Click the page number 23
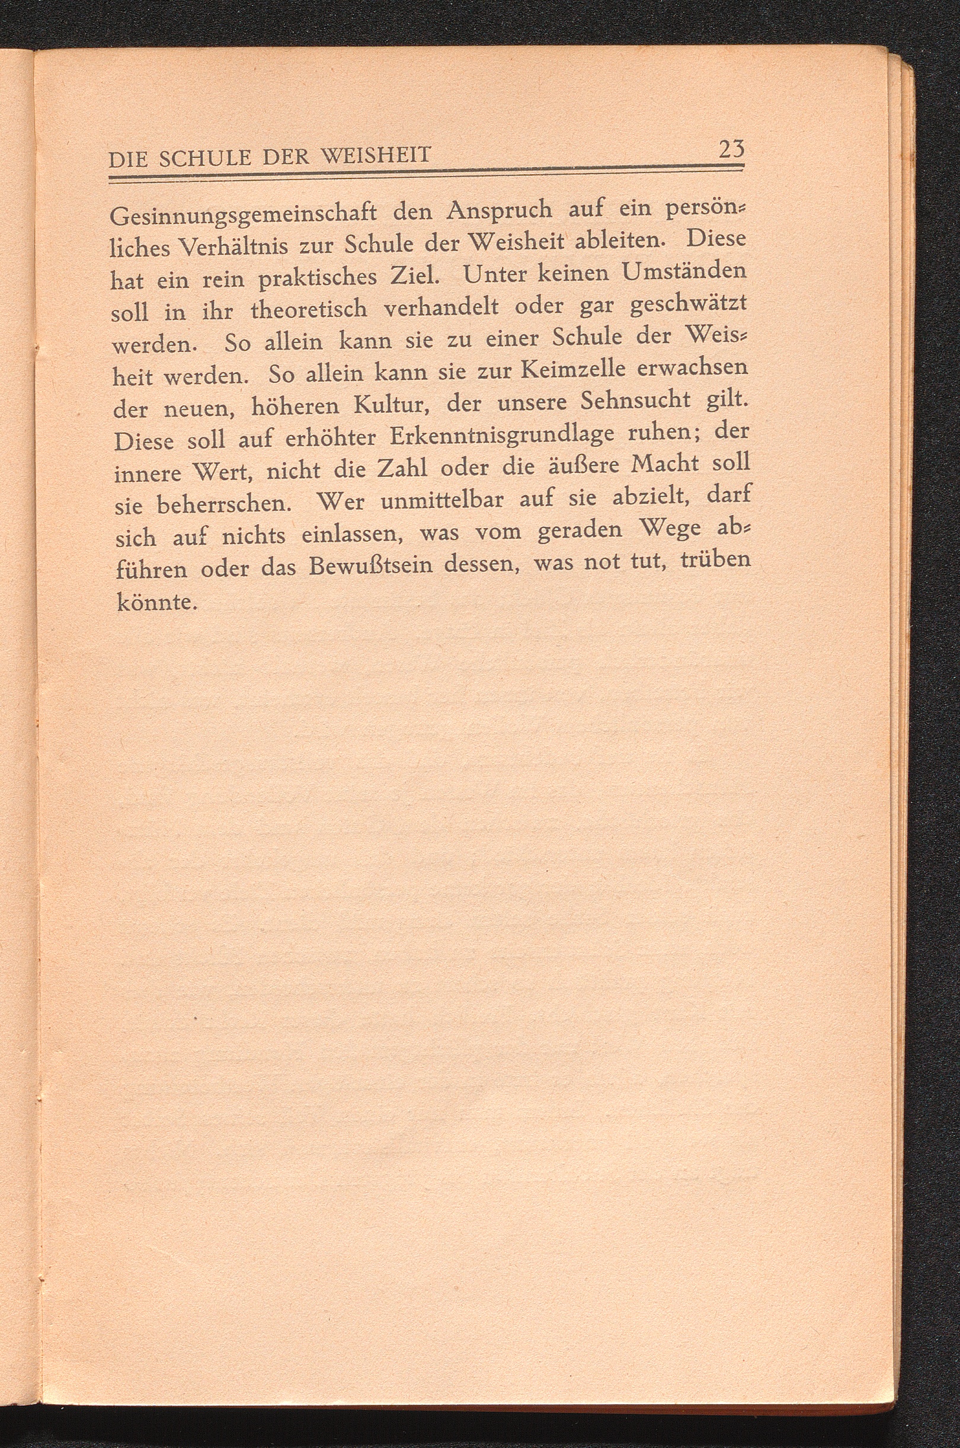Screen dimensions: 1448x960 pyautogui.click(x=731, y=150)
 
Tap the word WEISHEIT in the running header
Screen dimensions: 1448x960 pyautogui.click(x=376, y=157)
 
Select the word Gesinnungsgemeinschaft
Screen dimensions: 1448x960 pyautogui.click(x=244, y=216)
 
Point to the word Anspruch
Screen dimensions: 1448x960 pyautogui.click(x=500, y=210)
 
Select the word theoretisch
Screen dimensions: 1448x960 pyautogui.click(x=309, y=311)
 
